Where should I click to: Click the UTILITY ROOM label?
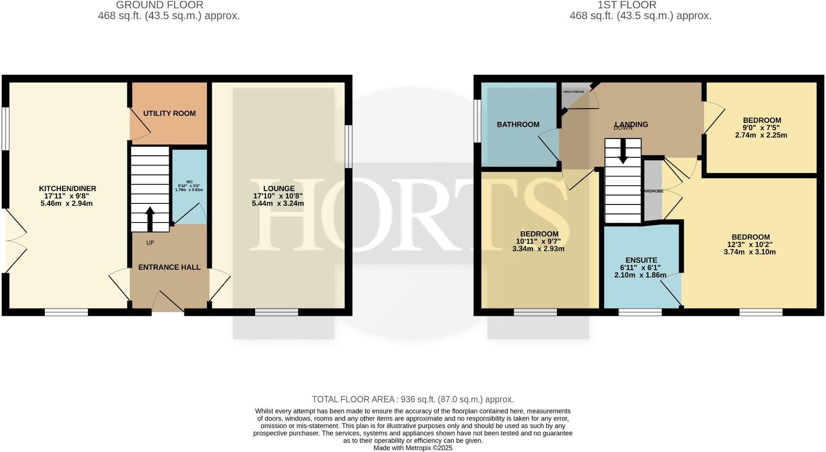(x=169, y=113)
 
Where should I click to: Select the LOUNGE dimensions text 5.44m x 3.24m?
(x=279, y=203)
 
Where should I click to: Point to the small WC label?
(x=189, y=182)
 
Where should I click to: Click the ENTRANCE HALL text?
(x=169, y=267)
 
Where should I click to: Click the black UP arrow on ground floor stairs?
(x=150, y=219)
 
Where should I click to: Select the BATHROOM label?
(x=518, y=125)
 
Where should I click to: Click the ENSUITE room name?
(x=641, y=260)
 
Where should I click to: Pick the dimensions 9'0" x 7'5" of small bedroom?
(x=762, y=128)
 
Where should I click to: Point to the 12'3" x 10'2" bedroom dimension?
(x=750, y=245)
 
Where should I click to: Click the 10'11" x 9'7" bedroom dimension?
(x=539, y=241)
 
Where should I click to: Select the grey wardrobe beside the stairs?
(x=653, y=191)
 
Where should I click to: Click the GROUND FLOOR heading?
(x=159, y=5)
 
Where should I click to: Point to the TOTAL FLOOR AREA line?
(x=413, y=399)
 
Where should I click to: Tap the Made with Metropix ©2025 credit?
(x=413, y=448)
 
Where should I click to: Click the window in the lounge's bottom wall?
(x=276, y=312)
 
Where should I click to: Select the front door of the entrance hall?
(x=168, y=302)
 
